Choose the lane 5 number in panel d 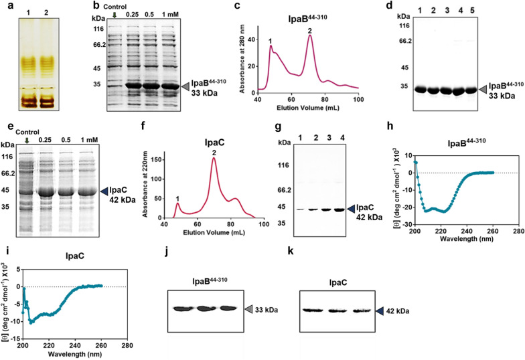(458, 12)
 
